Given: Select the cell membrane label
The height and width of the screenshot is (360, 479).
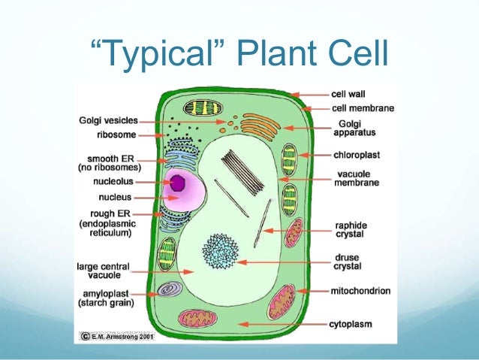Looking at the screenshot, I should [363, 108].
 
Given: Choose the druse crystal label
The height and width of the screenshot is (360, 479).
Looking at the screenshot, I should [348, 262].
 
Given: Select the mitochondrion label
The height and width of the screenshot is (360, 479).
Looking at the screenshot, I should [361, 290].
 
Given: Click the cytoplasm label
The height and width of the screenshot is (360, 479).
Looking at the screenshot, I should [352, 324].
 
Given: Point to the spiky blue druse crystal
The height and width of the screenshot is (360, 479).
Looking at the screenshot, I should [221, 251].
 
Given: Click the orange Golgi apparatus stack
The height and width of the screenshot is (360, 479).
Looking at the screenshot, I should [258, 127].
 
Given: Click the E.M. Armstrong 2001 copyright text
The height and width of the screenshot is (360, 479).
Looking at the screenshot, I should [121, 337].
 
